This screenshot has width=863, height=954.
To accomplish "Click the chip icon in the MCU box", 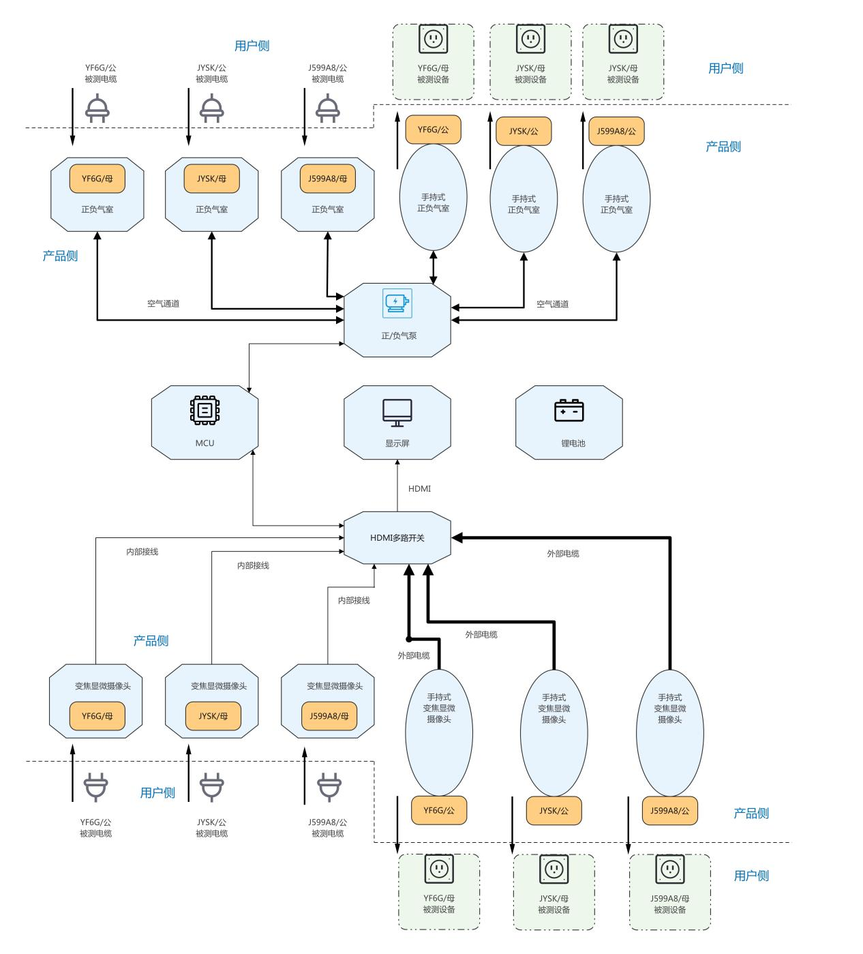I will point(205,410).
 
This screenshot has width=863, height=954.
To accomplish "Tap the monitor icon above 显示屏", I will point(397,413).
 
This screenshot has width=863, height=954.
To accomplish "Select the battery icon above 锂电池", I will point(569,411).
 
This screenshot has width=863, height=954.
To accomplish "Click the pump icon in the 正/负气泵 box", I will point(397,303).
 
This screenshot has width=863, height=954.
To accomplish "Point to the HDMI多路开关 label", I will point(397,538).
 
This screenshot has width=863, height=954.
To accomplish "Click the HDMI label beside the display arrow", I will point(419,489).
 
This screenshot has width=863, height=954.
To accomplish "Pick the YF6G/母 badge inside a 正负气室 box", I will point(97,179).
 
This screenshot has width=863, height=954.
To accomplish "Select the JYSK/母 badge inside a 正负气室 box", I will point(212,179).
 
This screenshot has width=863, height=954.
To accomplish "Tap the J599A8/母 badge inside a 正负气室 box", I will point(328,179).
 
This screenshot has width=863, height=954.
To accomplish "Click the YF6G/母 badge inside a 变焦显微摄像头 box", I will point(97,716).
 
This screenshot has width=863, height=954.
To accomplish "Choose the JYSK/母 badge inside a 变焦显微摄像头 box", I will point(213,716).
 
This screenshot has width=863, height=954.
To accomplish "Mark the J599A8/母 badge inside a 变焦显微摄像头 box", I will point(329,716).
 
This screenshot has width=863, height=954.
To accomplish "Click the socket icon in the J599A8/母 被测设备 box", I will point(669,869).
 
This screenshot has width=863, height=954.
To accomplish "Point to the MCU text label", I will point(205,443).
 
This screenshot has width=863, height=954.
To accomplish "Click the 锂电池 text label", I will point(573,443).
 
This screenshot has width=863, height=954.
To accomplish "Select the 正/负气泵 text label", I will point(399,336).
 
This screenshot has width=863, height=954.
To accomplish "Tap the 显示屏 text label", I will point(397,443).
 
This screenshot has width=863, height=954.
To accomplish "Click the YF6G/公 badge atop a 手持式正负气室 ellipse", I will point(433,130).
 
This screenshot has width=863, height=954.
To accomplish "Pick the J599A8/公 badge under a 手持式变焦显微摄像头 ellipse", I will point(669,811).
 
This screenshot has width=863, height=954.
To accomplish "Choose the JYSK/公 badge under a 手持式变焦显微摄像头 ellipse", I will point(554,811).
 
